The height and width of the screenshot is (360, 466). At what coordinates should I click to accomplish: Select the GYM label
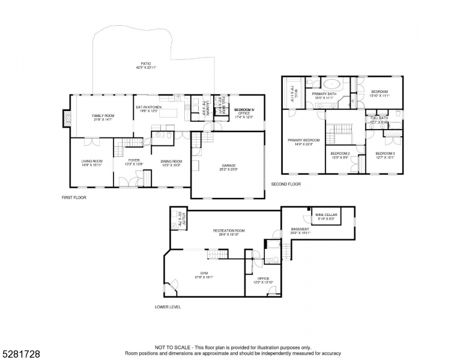[x=204, y=275]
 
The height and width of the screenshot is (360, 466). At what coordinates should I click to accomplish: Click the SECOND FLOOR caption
[x=285, y=184]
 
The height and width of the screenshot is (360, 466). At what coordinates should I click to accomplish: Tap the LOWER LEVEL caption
[x=168, y=307]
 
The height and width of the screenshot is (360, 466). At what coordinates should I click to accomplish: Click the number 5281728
[x=20, y=354]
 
